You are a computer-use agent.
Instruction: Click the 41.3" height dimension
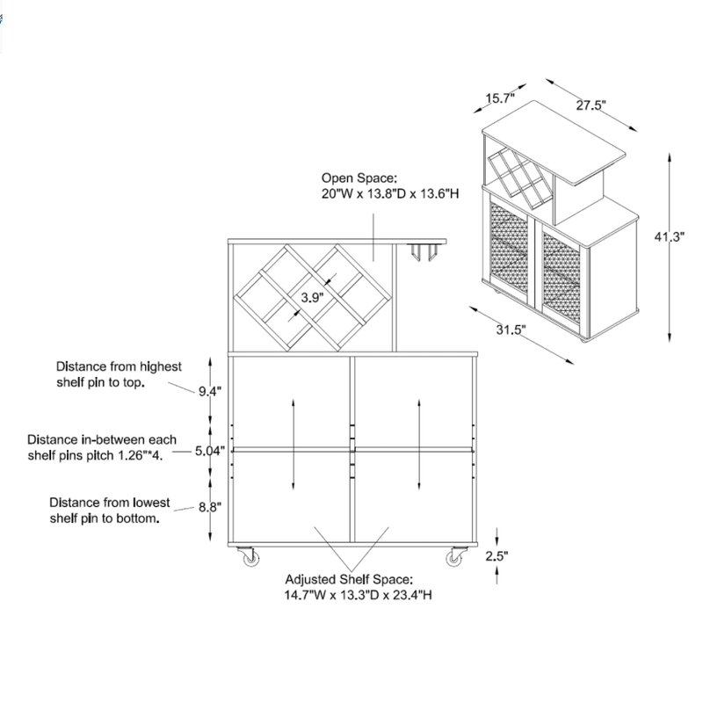669,236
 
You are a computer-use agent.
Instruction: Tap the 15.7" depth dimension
500,98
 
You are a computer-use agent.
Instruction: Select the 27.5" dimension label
591,105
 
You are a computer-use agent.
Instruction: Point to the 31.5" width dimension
511,330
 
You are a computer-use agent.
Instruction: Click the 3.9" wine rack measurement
312,297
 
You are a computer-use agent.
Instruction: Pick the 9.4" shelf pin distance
210,391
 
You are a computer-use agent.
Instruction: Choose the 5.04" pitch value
210,451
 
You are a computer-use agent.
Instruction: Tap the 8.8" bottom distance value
210,507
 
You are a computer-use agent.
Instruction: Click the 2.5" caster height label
496,556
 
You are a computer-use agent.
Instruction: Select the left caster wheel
249,556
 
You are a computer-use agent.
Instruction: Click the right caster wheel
456,556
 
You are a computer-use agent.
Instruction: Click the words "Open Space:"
359,178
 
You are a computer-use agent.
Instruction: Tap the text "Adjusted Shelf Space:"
348,579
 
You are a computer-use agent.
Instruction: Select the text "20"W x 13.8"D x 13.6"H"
390,193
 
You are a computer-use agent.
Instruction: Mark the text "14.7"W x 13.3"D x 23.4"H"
359,595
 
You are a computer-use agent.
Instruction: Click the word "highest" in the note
161,366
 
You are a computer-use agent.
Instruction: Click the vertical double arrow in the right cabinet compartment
419,444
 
